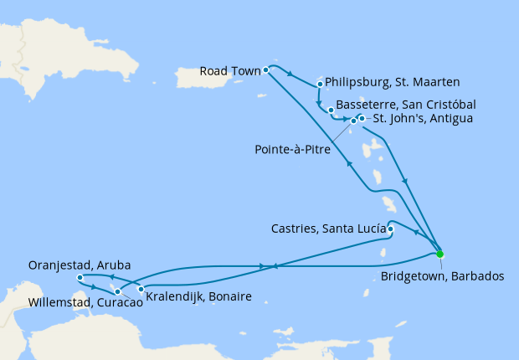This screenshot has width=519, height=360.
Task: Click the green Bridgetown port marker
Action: pyautogui.click(x=440, y=254)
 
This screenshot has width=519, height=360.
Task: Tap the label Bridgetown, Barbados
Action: pyautogui.click(x=442, y=275)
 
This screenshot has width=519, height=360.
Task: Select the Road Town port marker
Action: pyautogui.click(x=265, y=69)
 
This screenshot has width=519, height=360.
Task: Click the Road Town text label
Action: pyautogui.click(x=229, y=71)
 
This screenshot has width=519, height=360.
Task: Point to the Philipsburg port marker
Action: pyautogui.click(x=321, y=84)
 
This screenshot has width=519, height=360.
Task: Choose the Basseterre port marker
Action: pyautogui.click(x=331, y=110)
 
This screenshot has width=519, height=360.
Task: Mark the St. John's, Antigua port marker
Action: pyautogui.click(x=362, y=118)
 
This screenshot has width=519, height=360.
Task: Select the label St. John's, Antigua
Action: pyautogui.click(x=424, y=119)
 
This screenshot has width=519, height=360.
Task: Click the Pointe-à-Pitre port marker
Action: pyautogui.click(x=353, y=122)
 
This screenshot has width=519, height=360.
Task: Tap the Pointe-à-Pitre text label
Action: pyautogui.click(x=292, y=150)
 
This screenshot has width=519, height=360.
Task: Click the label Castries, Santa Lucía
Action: pyautogui.click(x=329, y=228)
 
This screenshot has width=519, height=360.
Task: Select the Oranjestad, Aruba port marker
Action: pyautogui.click(x=79, y=278)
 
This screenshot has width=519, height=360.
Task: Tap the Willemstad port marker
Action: pyautogui.click(x=118, y=291)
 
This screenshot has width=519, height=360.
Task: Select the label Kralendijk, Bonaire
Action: pyautogui.click(x=198, y=297)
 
